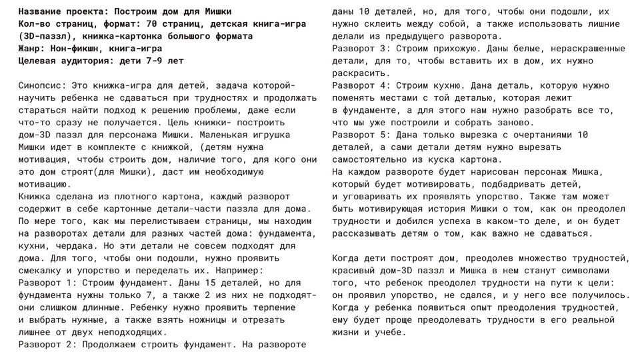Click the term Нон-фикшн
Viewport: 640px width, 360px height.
(x=73, y=49)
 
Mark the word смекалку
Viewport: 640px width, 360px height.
(x=39, y=270)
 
